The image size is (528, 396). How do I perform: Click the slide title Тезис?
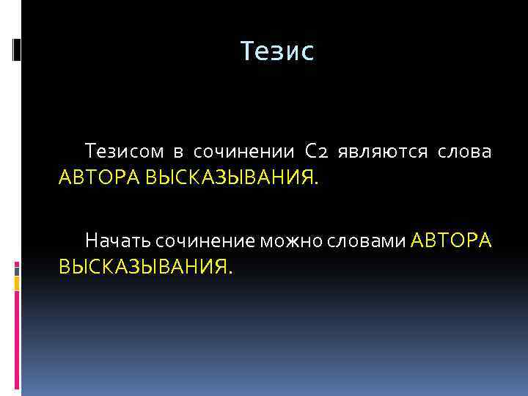point(276,51)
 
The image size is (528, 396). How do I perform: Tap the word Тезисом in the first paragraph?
point(122,153)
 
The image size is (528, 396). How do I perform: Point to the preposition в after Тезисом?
point(178,153)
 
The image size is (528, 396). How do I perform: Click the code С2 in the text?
point(320,153)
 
